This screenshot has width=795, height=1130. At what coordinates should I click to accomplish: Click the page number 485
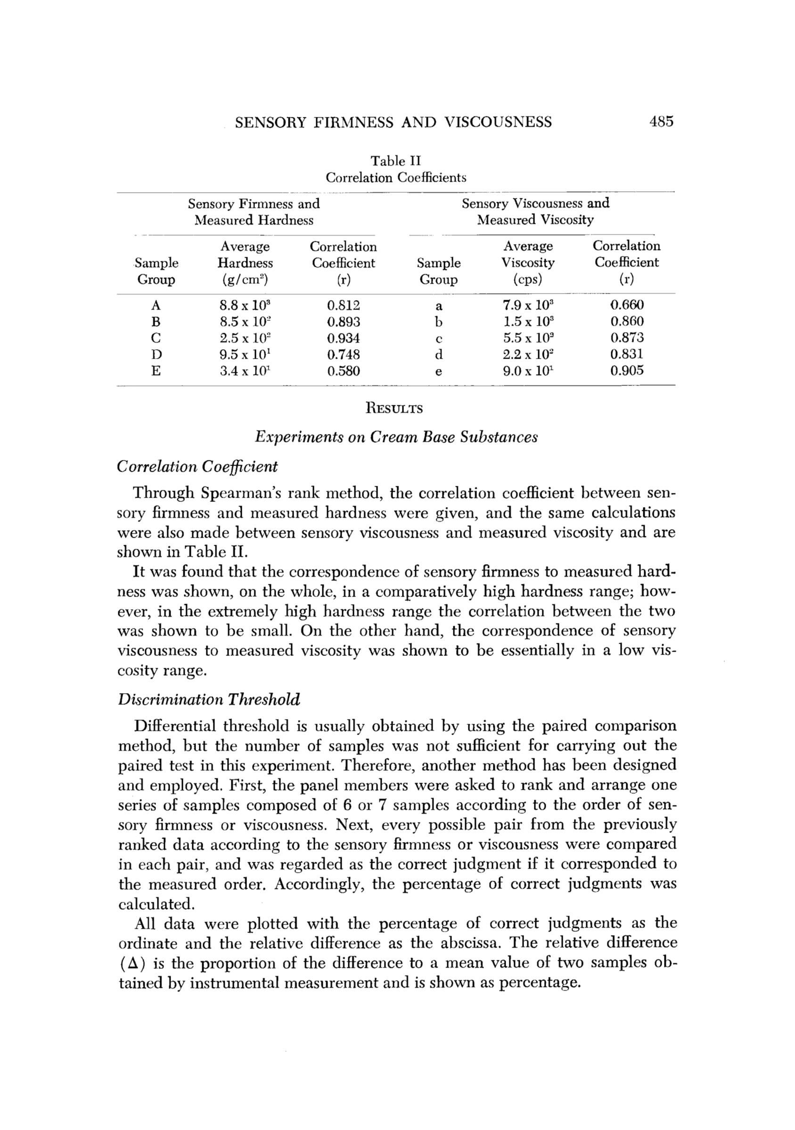click(x=661, y=122)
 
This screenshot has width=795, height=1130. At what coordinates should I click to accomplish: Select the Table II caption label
click(x=396, y=161)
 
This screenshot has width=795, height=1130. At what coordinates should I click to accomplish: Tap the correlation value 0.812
click(x=344, y=305)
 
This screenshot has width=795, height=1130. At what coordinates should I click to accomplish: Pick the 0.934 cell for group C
click(x=344, y=338)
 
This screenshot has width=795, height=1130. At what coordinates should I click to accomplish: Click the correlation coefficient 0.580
click(x=344, y=370)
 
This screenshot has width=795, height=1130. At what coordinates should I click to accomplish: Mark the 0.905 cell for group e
click(x=627, y=370)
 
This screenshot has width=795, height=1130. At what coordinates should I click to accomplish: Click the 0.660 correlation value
click(x=627, y=305)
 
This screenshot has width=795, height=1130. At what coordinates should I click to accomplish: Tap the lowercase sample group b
click(x=439, y=322)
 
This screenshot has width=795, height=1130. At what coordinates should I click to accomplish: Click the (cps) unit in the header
click(x=528, y=279)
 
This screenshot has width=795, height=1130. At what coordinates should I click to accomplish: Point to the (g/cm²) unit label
click(x=245, y=279)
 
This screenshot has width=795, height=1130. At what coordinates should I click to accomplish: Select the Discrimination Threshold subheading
click(x=209, y=699)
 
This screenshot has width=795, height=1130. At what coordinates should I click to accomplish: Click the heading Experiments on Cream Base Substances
click(x=396, y=437)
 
